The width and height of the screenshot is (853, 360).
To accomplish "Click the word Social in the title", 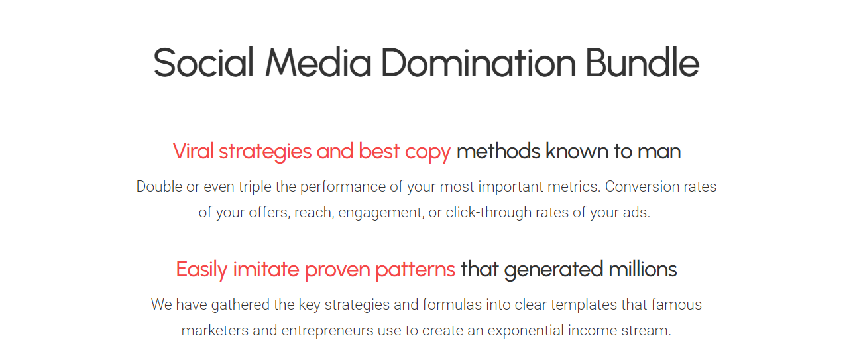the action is (203, 62).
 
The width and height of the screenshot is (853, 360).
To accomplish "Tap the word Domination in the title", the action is (479, 62).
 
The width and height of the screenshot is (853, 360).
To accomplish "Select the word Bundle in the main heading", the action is (642, 62).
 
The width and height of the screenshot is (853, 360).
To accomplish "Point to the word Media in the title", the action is (318, 62).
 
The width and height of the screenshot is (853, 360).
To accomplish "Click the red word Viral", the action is (193, 151).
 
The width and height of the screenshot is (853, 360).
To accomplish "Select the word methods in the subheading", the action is (498, 151).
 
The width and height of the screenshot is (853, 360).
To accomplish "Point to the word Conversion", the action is (642, 187).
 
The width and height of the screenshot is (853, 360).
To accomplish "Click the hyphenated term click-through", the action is (488, 213).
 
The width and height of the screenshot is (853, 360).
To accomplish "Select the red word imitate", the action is (266, 269).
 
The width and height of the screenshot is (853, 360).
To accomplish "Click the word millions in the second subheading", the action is (643, 269).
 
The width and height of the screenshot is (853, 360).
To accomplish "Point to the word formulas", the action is (452, 305).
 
